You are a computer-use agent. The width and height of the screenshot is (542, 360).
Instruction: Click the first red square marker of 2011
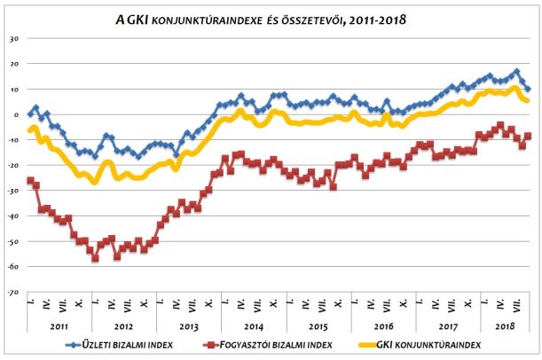pyautogui.click(x=30, y=181)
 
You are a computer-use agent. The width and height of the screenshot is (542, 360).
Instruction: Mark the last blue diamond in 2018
pyautogui.click(x=529, y=89)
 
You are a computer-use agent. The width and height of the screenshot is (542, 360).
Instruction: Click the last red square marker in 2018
pyautogui.click(x=529, y=136)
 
